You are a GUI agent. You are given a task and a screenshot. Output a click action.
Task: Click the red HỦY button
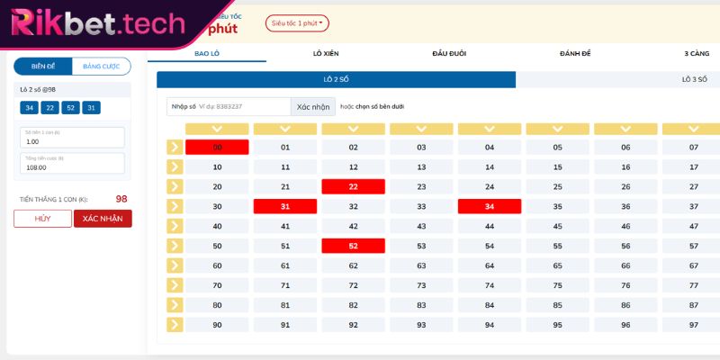coord(42,219)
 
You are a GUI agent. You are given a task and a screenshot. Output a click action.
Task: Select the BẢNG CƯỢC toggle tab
coord(101,67)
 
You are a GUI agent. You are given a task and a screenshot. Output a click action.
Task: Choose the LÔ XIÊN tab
coord(325,54)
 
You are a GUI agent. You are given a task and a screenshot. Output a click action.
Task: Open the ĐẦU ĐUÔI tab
coord(449,54)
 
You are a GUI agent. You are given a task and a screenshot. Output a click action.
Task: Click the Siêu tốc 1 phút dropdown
coord(297,22)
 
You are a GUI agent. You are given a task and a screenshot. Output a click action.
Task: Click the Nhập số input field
coord(229,106)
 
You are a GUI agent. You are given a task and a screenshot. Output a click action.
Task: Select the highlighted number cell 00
coord(217,147)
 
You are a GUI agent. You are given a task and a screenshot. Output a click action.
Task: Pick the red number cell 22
coord(353,186)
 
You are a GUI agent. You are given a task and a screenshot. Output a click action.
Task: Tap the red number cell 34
coord(490,206)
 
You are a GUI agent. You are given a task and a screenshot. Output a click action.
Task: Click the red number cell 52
coord(353,246)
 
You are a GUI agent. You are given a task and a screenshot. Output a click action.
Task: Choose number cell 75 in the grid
coord(557,285)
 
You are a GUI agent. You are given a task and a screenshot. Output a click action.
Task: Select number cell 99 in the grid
coord(693,325)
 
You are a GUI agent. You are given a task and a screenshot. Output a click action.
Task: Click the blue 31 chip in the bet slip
coord(91,108)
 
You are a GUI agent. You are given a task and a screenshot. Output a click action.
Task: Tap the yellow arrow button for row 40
coord(175,226)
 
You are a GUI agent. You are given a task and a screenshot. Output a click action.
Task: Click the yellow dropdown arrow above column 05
coord(557,129)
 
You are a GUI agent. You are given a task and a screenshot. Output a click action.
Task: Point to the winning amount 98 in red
coord(121,199)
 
